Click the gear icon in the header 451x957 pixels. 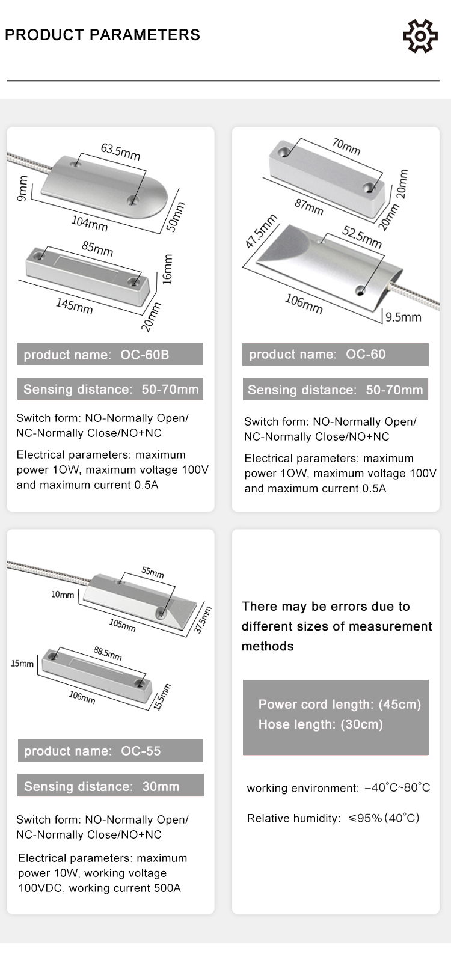tap(420, 36)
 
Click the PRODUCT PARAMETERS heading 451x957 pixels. tap(102, 35)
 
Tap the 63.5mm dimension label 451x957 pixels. tap(120, 151)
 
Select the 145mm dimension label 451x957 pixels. tap(75, 305)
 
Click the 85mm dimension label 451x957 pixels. tap(97, 248)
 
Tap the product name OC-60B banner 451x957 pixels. tap(110, 355)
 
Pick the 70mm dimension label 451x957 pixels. tap(346, 146)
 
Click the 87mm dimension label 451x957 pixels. tap(308, 206)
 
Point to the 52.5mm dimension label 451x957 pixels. tap(362, 236)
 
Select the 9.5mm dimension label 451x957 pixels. tap(403, 317)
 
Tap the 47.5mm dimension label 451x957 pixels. tap(261, 231)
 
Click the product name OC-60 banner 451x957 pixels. tap(335, 355)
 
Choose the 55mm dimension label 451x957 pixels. tap(153, 572)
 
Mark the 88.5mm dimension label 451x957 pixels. tap(108, 653)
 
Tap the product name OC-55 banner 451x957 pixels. tap(110, 751)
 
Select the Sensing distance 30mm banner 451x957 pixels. tap(110, 786)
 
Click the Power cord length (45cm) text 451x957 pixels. tap(340, 705)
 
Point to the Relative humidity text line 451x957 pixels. tap(333, 818)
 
